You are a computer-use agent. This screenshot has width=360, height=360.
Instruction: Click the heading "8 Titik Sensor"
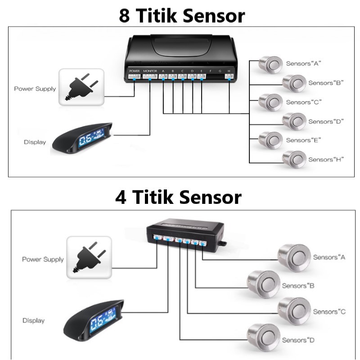coord(182,15)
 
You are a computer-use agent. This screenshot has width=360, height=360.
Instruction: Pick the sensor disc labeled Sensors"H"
coord(293,159)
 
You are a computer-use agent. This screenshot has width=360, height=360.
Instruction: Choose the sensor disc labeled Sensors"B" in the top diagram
coord(293,83)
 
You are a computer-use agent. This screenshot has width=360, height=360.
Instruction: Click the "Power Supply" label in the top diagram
coord(35,89)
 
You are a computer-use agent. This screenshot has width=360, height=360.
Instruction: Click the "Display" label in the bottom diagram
coord(34,321)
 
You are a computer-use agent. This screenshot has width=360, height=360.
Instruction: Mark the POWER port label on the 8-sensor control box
coord(134,71)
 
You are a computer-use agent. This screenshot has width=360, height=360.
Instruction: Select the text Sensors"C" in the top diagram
coord(304,102)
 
